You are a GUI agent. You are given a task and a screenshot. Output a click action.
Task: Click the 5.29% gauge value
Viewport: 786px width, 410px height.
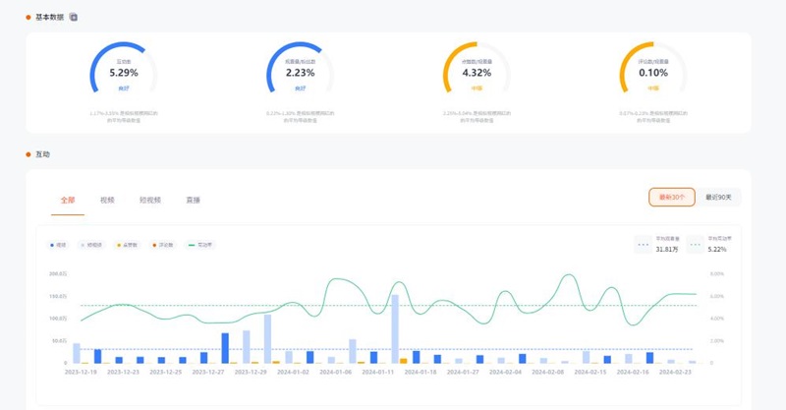click(123, 73)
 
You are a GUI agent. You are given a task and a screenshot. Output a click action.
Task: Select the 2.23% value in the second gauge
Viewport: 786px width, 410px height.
click(300, 73)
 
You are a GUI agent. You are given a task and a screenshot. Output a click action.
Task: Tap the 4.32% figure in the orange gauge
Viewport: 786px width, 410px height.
click(476, 73)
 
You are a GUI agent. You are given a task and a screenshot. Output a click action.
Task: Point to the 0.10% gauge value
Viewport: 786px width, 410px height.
click(652, 73)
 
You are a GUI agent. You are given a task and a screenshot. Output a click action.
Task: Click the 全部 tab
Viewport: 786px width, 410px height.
click(68, 200)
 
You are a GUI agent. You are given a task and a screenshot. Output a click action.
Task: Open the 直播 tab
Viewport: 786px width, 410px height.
click(193, 200)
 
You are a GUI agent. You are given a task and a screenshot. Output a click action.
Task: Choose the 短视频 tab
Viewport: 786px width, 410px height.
click(149, 200)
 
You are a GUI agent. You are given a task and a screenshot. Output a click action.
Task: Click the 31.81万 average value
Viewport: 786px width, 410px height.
click(668, 249)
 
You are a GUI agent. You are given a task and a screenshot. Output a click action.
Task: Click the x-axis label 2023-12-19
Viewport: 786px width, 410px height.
click(82, 373)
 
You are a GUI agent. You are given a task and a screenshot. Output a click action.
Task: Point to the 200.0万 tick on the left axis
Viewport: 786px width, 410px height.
click(57, 274)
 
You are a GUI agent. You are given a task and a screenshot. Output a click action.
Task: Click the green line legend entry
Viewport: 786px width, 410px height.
click(201, 244)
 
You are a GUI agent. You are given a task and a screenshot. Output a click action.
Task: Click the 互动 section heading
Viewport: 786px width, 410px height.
click(42, 154)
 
